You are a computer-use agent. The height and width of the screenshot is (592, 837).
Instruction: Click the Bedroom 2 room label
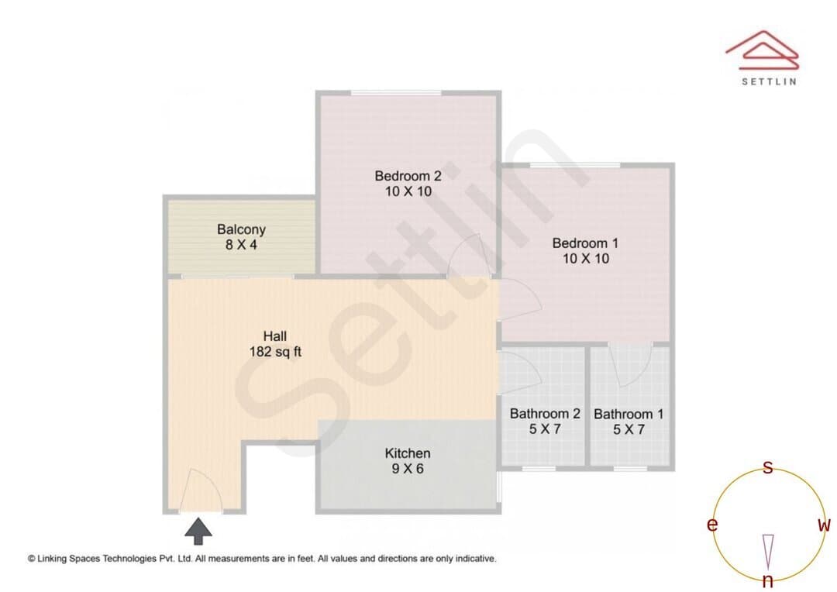pyautogui.click(x=408, y=183)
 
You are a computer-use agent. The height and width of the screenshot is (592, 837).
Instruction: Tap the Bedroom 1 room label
pyautogui.click(x=586, y=250)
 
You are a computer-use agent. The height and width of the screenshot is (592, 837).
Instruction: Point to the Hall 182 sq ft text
pyautogui.click(x=275, y=344)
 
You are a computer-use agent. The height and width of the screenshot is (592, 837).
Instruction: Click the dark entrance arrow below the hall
pyautogui.click(x=198, y=531)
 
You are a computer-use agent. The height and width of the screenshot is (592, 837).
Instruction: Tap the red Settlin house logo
pyautogui.click(x=763, y=50)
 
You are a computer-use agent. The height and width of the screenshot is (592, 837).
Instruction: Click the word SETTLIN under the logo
pyautogui.click(x=770, y=81)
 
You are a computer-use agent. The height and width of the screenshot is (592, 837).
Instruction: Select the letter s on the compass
pyautogui.click(x=767, y=467)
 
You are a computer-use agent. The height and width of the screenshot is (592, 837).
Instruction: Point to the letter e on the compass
pyautogui.click(x=712, y=525)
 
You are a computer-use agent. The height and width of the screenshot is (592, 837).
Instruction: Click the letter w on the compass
pyautogui.click(x=824, y=525)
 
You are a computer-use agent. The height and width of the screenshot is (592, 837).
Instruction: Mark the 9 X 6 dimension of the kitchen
pyautogui.click(x=408, y=469)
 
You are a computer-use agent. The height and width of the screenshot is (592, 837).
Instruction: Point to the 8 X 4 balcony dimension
pyautogui.click(x=241, y=245)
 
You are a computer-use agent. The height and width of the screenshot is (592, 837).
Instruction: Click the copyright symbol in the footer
pyautogui.click(x=32, y=559)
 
